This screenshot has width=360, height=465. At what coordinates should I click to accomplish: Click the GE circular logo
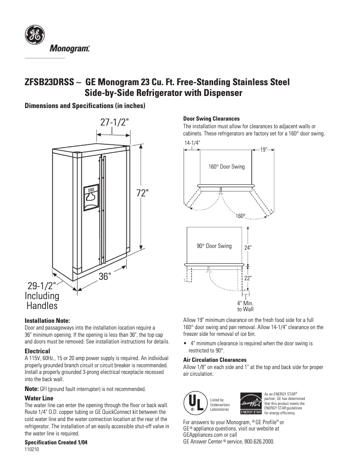34,35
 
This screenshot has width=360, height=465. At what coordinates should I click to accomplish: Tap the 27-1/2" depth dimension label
114,122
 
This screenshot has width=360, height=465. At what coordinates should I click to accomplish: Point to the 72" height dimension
142,193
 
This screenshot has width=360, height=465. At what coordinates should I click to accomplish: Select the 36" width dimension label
105,277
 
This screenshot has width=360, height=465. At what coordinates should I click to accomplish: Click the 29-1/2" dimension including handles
40,286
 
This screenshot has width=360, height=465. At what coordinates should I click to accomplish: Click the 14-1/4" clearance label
192,142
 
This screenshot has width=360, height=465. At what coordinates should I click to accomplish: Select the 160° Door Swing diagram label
227,167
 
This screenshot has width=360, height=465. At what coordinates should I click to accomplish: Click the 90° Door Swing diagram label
214,246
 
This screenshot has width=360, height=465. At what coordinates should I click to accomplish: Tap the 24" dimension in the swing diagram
248,248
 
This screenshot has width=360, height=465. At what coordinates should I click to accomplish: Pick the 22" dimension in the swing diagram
248,278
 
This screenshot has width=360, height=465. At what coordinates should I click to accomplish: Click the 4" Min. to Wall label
246,306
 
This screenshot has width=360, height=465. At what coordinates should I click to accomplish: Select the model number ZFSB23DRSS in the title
49,83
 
